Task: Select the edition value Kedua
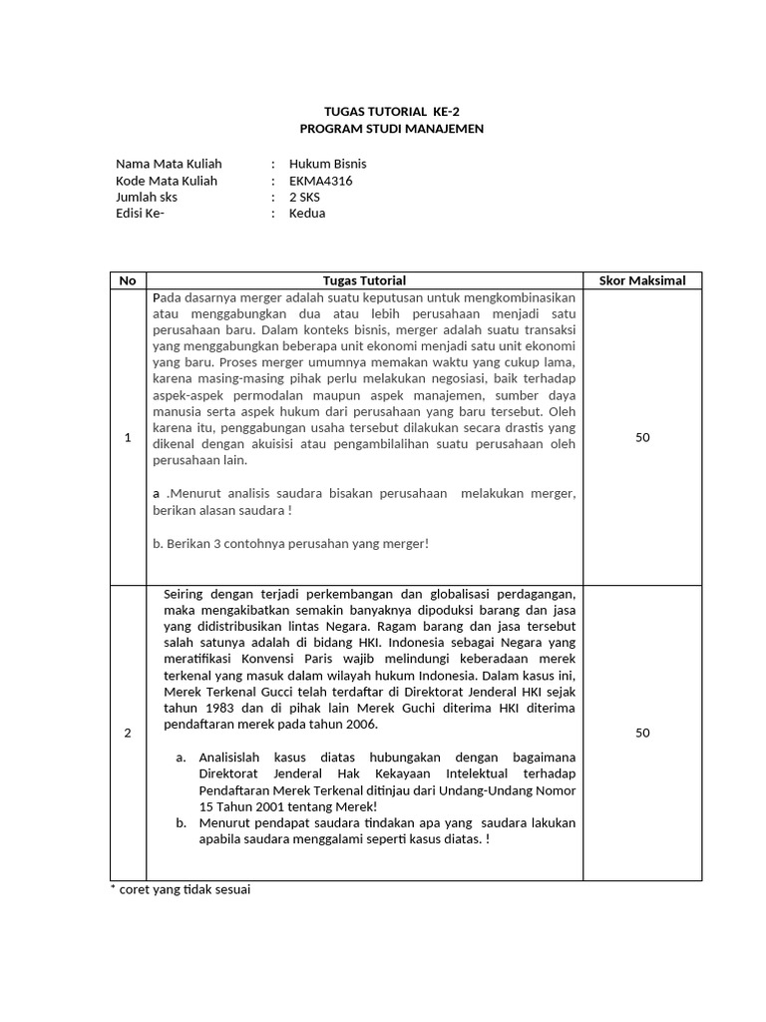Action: [x=307, y=213]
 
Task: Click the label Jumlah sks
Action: [x=147, y=197]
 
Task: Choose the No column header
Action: [x=128, y=280]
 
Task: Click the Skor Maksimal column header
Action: [x=641, y=280]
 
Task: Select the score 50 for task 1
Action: [x=642, y=437]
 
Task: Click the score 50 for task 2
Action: [x=642, y=733]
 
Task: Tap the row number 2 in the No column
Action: [x=128, y=733]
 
